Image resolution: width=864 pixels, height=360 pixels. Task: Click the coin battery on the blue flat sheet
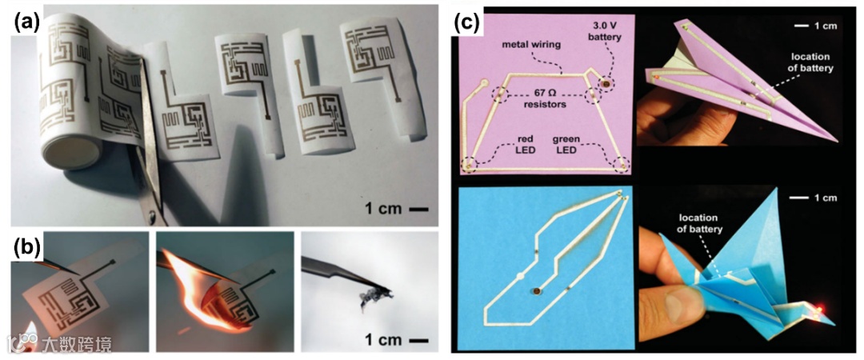[534, 294]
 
